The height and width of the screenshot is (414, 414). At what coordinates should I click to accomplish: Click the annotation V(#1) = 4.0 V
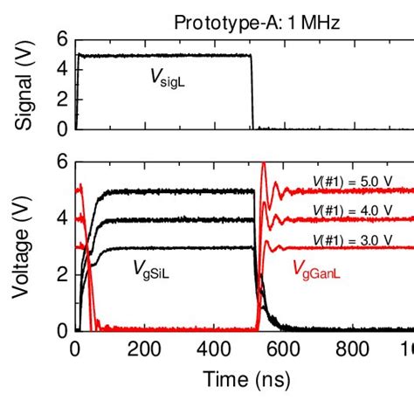point(353,210)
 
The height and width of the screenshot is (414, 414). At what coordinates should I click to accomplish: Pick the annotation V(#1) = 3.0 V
point(353,240)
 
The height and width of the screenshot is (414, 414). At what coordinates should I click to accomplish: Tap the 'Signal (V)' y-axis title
point(27,86)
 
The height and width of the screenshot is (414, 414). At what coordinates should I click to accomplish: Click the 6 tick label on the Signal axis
point(61,39)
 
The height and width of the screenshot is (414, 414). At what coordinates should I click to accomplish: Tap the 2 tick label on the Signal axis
point(61,100)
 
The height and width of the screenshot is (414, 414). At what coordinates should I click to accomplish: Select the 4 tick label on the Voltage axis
point(61,218)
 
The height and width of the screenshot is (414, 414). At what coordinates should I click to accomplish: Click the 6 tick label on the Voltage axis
point(61,162)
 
